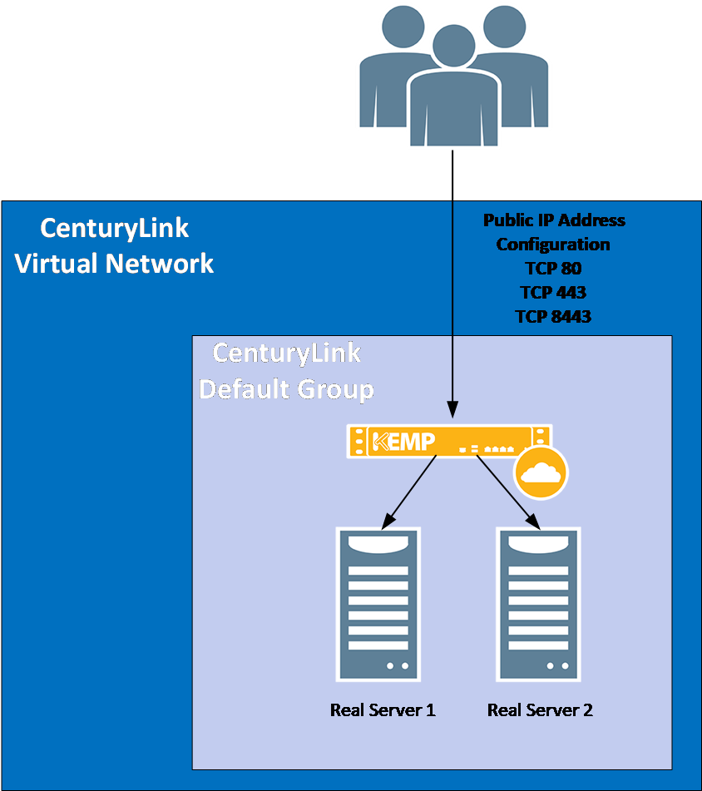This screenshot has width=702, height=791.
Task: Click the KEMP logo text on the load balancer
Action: (x=405, y=441)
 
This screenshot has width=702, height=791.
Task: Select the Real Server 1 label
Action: (x=383, y=710)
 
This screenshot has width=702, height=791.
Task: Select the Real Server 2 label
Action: (x=540, y=710)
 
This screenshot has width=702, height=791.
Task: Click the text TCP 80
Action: (x=553, y=269)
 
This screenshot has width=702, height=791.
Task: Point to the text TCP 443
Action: (x=553, y=293)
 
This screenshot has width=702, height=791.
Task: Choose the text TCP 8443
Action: (x=553, y=317)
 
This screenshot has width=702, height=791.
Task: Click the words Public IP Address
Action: (x=554, y=220)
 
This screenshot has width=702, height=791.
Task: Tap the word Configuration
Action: (x=553, y=245)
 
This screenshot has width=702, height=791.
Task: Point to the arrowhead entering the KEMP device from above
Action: (x=452, y=411)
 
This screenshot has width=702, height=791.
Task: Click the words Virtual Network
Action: (x=115, y=264)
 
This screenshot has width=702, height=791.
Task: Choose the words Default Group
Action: (x=286, y=388)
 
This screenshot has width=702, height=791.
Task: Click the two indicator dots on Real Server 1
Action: (x=397, y=665)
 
